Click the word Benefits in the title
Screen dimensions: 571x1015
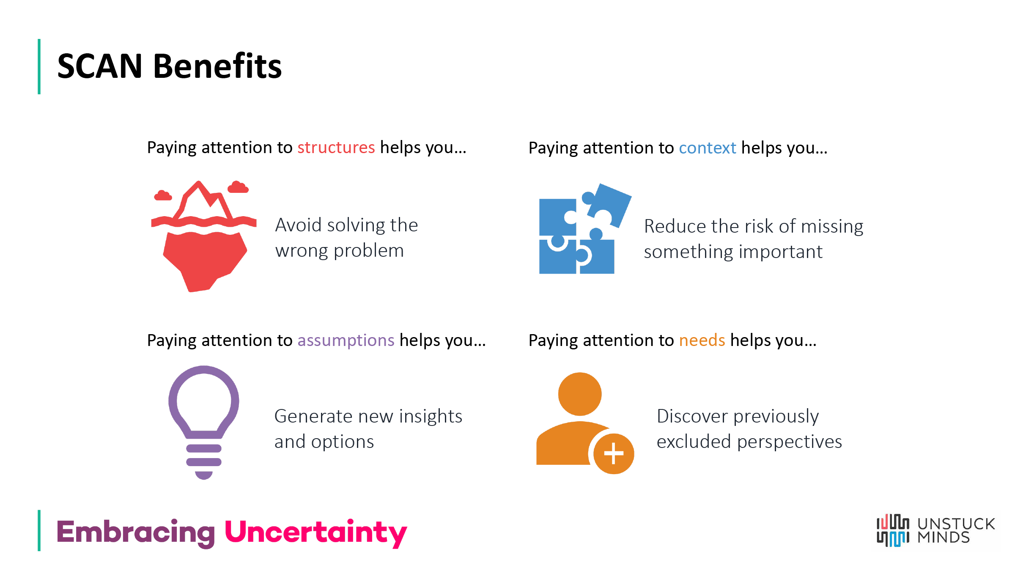pos(217,66)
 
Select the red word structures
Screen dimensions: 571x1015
pos(336,148)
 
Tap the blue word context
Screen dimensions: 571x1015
pos(707,148)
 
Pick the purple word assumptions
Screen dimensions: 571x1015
pos(346,340)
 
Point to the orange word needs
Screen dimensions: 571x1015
pos(702,340)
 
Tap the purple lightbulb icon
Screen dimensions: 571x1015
pos(204,419)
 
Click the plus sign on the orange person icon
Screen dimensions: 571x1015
pos(614,454)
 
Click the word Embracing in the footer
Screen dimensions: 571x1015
pos(135,532)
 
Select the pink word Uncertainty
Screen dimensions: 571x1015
pos(315,532)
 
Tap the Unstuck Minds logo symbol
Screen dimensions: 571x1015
pos(892,531)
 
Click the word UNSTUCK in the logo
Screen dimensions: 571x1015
pos(956,524)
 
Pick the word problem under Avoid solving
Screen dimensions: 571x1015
pos(368,251)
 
